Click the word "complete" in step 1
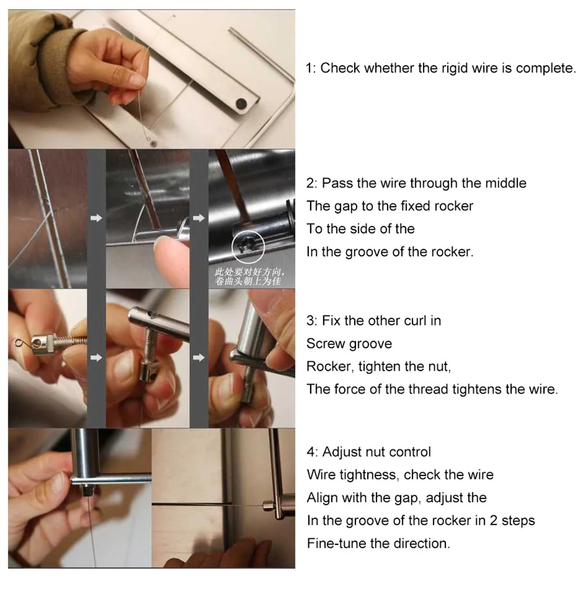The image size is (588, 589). tap(546, 68)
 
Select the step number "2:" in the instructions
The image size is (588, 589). tap(312, 183)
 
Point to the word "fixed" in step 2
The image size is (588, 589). tap(415, 206)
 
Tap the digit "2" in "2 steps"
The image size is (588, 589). tap(493, 521)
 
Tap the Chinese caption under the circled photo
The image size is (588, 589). tap(250, 276)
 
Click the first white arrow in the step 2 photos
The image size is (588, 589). tap(96, 218)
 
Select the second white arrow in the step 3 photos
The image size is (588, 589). tap(199, 357)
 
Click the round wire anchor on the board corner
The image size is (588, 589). tap(153, 143)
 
